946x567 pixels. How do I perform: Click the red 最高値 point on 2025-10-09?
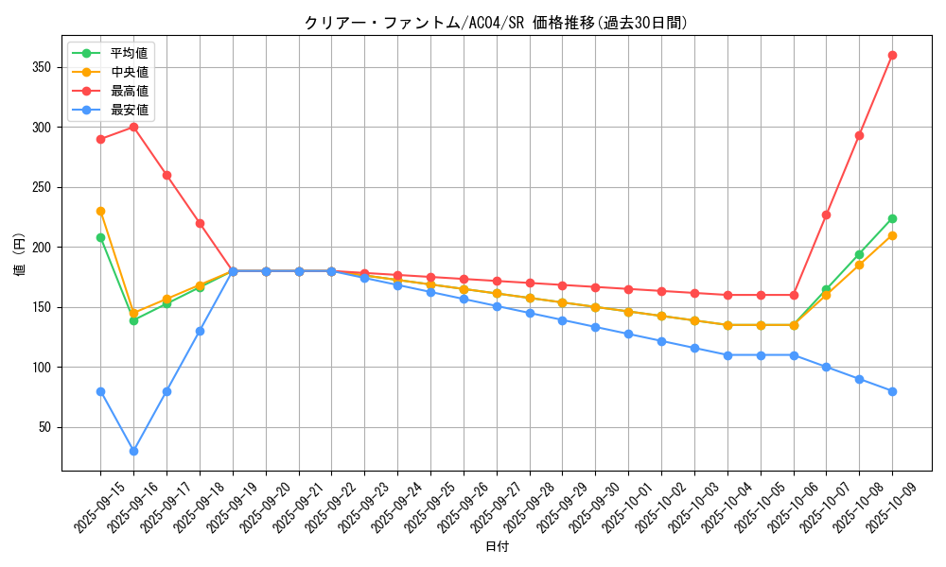[892, 55]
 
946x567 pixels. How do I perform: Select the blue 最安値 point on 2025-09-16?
[133, 451]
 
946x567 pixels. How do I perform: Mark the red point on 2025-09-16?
[133, 127]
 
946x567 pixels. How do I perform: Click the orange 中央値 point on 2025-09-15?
[100, 211]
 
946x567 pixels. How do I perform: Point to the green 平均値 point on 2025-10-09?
[892, 218]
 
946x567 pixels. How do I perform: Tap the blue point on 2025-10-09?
[892, 391]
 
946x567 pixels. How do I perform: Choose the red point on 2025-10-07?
[826, 215]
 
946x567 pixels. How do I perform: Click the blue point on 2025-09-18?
[200, 331]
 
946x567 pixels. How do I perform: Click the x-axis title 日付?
[496, 547]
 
